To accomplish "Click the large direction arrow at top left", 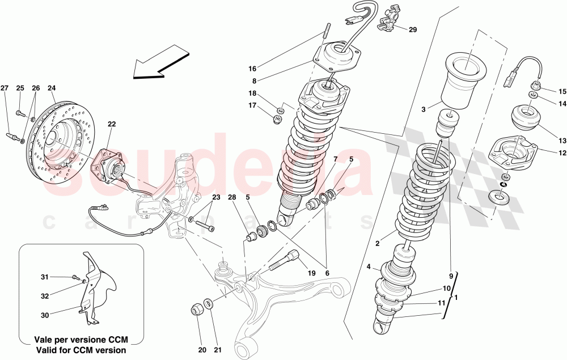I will point(159,64).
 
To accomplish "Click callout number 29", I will point(412,29).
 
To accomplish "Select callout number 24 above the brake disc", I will point(52,88).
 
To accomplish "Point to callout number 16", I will point(252,69).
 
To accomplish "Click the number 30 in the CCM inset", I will point(44,315).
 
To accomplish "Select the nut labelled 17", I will point(277,118).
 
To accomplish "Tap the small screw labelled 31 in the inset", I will point(75,278).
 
